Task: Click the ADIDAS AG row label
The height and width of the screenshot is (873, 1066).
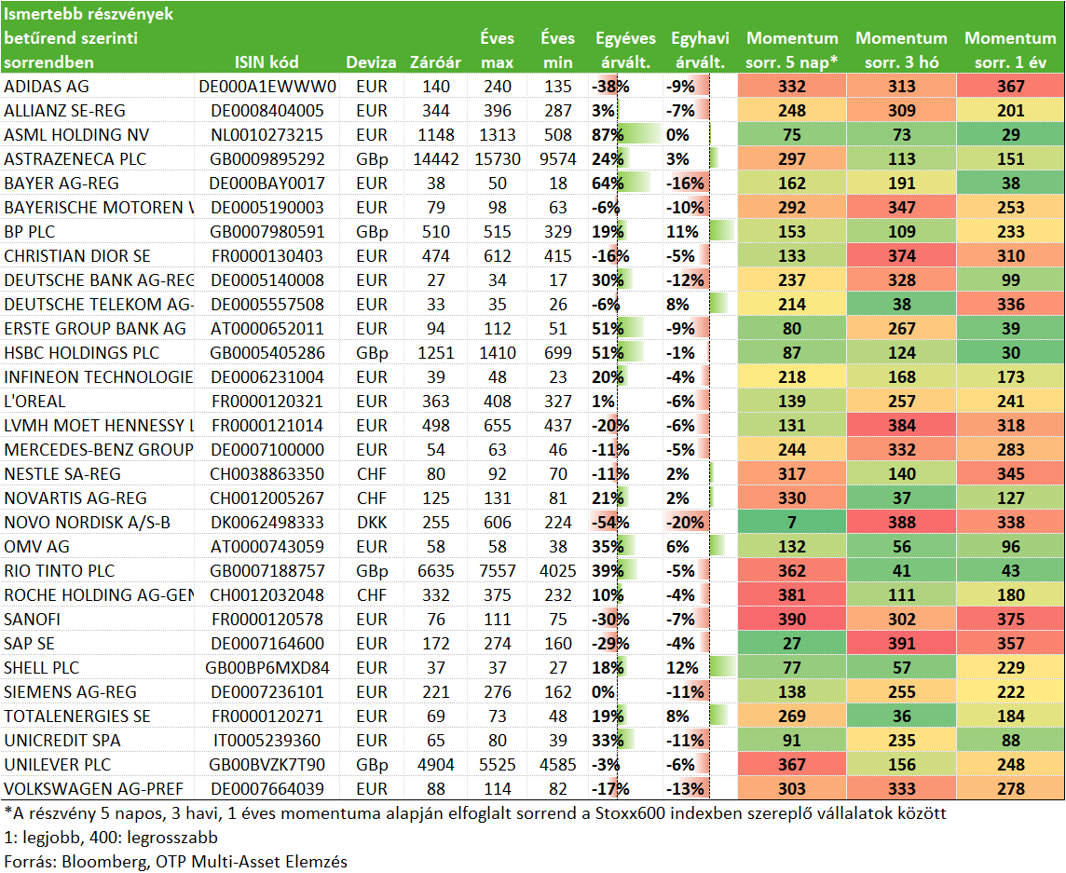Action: (47, 87)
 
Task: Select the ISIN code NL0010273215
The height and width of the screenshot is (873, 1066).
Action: (266, 134)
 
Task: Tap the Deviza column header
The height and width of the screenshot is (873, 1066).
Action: (371, 62)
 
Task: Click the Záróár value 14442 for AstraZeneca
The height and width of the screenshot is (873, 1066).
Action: (436, 159)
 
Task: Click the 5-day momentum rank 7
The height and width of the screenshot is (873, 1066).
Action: (792, 522)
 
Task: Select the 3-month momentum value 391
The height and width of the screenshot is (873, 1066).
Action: (901, 643)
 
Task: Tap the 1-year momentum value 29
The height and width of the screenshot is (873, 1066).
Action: (1010, 134)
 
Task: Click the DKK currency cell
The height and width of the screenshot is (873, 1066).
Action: (371, 522)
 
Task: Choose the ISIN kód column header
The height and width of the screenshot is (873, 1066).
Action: (266, 62)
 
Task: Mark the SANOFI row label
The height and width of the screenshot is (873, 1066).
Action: (32, 620)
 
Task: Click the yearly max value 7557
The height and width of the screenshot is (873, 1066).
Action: (497, 570)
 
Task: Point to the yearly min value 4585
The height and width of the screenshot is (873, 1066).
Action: (557, 764)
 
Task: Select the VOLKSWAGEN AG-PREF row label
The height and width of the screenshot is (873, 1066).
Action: (94, 789)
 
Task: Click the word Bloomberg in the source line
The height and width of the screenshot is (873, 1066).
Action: (103, 862)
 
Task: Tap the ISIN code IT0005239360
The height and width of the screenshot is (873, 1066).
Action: (266, 741)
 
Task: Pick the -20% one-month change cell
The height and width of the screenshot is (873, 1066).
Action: (685, 522)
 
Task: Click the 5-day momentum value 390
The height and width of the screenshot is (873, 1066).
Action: (792, 620)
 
